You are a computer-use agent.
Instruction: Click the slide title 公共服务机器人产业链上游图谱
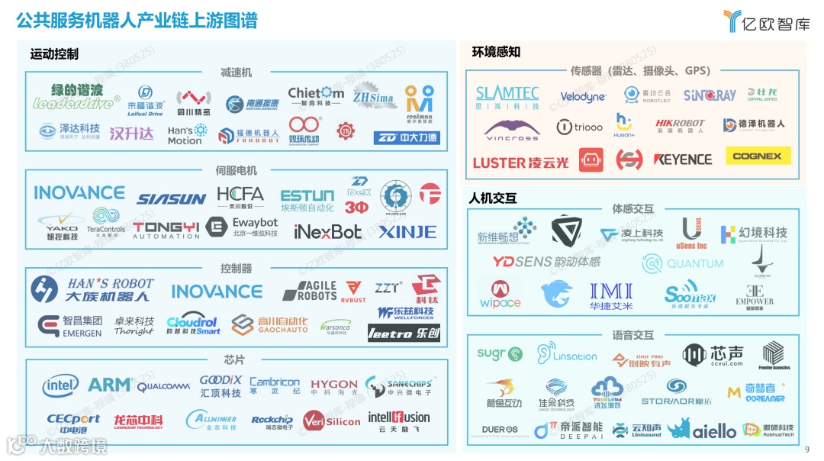(137, 21)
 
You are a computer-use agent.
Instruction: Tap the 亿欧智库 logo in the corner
(766, 21)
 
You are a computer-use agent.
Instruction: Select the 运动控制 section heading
(54, 54)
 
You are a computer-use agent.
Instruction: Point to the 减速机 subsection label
(236, 73)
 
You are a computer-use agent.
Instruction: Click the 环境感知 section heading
(496, 52)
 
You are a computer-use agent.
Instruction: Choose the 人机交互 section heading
(493, 198)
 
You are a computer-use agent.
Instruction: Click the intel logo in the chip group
(60, 386)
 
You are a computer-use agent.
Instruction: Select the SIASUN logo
(172, 199)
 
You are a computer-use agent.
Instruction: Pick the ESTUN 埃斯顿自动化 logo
(307, 200)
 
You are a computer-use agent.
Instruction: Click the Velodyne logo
(583, 97)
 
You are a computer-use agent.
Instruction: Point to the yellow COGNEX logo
(758, 156)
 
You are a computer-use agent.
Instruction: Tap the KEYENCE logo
(682, 160)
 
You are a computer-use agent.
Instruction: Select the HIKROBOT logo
(681, 126)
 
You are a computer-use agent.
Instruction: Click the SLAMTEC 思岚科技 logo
(507, 97)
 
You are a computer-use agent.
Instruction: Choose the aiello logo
(713, 431)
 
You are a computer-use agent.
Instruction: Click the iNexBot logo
(328, 231)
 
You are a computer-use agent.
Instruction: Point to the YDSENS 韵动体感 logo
(546, 262)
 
